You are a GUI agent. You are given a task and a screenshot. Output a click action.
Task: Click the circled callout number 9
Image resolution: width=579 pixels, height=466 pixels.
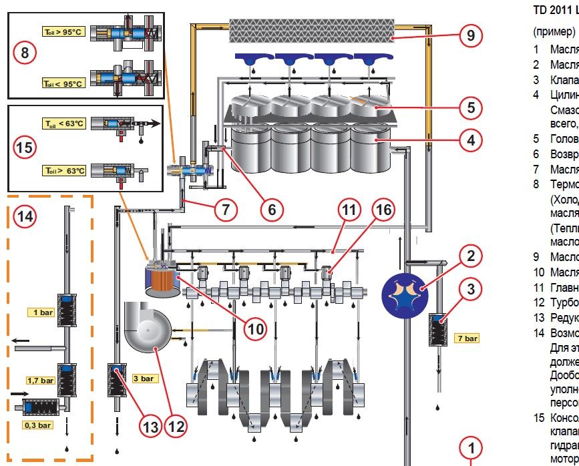[471, 35]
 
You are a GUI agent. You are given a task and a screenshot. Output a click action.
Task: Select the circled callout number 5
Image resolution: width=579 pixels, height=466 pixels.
[471, 106]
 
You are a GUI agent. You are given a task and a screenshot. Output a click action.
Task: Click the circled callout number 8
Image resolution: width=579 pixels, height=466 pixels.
[25, 53]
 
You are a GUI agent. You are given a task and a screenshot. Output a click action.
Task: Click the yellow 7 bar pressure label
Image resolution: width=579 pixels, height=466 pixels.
[467, 338]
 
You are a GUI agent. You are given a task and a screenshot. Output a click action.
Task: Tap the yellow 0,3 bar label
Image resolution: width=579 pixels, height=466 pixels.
[37, 425]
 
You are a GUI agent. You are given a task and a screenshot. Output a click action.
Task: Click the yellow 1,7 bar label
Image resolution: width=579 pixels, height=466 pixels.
[40, 381]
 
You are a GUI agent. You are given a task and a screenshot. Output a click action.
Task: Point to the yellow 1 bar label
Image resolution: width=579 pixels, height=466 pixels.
[44, 312]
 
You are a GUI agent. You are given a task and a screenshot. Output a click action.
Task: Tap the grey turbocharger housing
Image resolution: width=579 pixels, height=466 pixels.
[147, 328]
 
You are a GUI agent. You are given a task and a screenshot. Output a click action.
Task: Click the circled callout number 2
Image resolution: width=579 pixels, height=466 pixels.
[471, 255]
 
